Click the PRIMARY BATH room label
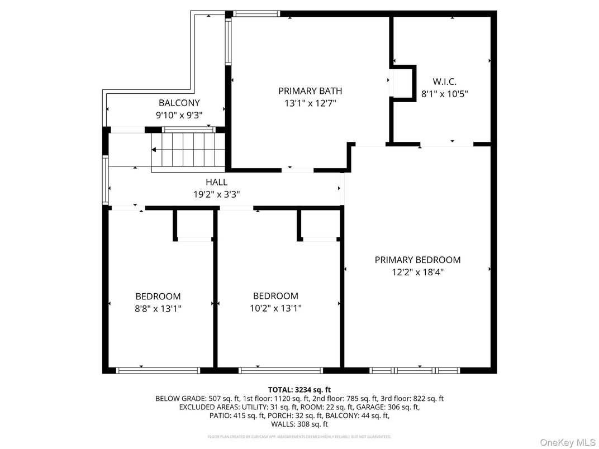tap(310, 90)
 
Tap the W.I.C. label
tap(444, 82)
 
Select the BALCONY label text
tap(179, 103)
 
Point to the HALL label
tap(217, 182)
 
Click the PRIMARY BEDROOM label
tap(417, 260)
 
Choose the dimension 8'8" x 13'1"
tap(158, 308)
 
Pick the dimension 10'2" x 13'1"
tap(275, 308)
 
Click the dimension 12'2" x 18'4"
tap(417, 272)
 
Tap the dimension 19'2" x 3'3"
tap(217, 194)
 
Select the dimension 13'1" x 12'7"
tap(310, 103)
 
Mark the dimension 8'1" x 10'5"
tap(444, 94)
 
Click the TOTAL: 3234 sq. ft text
tap(299, 389)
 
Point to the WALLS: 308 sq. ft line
tap(299, 424)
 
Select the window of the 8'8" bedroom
tap(158, 370)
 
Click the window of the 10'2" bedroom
tap(281, 370)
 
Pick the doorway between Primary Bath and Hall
tap(297, 169)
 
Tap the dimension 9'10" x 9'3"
tap(179, 115)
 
